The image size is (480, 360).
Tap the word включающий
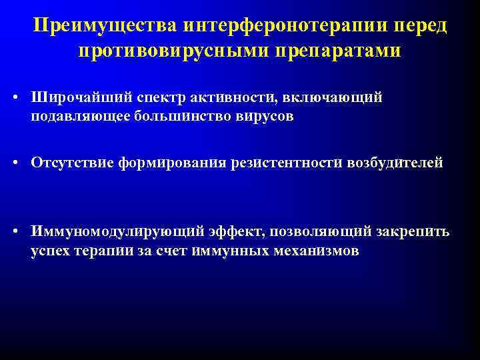340,97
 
